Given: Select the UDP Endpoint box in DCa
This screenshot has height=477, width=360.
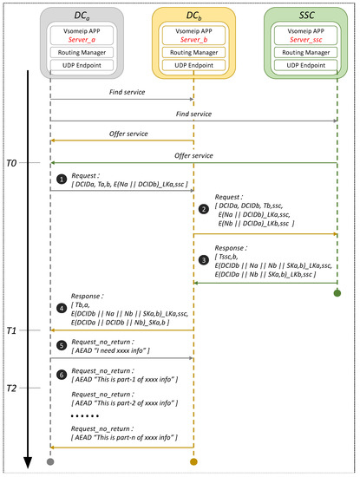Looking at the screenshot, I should click(x=51, y=66).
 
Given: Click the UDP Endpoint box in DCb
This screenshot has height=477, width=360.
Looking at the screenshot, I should click(x=193, y=66).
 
